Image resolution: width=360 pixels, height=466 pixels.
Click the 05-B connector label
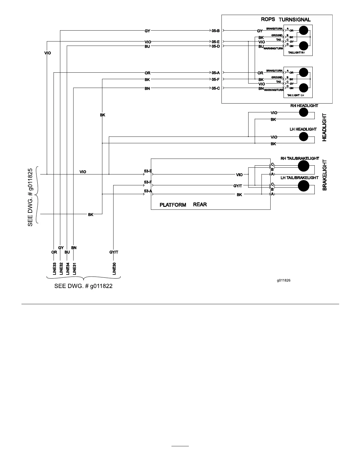pyautogui.click(x=216, y=31)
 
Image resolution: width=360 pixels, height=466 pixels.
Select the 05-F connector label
pyautogui.click(x=216, y=79)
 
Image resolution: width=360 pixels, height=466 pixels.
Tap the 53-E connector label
pyautogui.click(x=148, y=171)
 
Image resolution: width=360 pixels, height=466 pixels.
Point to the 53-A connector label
pyautogui.click(x=148, y=191)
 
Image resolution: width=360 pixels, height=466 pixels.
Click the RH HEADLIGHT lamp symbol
pyautogui.click(x=304, y=112)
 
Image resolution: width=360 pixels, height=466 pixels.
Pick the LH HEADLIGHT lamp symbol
pyautogui.click(x=304, y=137)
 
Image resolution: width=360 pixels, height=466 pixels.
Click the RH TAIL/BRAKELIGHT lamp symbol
pyautogui.click(x=304, y=166)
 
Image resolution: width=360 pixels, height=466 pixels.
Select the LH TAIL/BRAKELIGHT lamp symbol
pyautogui.click(x=304, y=186)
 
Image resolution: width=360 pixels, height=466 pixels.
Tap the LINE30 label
pyautogui.click(x=114, y=269)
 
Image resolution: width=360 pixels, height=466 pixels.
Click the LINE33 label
pyautogui.click(x=54, y=269)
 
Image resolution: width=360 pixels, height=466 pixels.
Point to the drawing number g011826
pyautogui.click(x=284, y=280)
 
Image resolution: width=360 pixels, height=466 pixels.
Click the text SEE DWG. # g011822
pyautogui.click(x=83, y=286)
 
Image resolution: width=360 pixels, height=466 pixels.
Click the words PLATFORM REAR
pyautogui.click(x=183, y=205)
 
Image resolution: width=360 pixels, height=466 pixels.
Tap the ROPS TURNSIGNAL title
pyautogui.click(x=286, y=19)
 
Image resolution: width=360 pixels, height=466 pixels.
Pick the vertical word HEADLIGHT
pyautogui.click(x=325, y=127)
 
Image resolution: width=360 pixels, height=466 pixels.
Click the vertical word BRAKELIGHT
pyautogui.click(x=325, y=175)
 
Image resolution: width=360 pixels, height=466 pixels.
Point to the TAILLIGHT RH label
pyautogui.click(x=296, y=53)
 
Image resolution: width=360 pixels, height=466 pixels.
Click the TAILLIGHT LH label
pyautogui.click(x=296, y=95)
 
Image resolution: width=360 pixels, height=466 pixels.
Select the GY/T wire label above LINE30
pyautogui.click(x=114, y=252)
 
